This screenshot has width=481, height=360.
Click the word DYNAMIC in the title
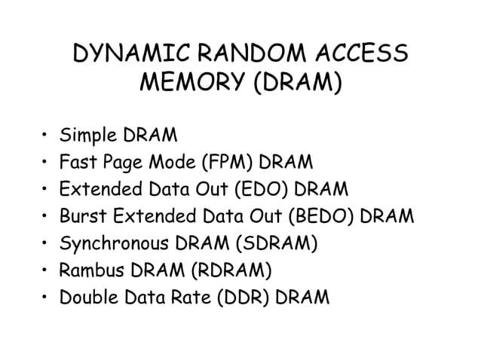[x=129, y=55]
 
